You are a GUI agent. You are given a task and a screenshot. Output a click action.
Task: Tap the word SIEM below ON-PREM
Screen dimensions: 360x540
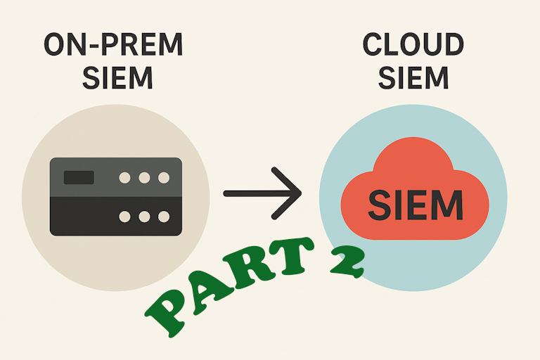pyautogui.click(x=117, y=77)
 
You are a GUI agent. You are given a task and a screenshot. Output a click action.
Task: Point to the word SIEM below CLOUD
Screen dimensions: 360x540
pyautogui.click(x=413, y=77)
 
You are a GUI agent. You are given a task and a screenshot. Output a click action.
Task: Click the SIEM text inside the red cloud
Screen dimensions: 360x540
pyautogui.click(x=416, y=205)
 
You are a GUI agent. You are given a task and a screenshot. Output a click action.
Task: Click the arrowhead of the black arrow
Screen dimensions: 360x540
pyautogui.click(x=290, y=192)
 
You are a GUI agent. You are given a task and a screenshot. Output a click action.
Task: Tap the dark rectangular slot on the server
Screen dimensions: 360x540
pyautogui.click(x=78, y=177)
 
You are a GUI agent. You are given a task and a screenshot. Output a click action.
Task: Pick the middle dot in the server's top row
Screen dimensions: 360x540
pyautogui.click(x=144, y=178)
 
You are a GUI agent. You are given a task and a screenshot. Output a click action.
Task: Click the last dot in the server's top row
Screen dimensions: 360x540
pyautogui.click(x=163, y=178)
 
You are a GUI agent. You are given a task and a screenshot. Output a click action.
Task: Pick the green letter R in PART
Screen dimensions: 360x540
pyautogui.click(x=248, y=273)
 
